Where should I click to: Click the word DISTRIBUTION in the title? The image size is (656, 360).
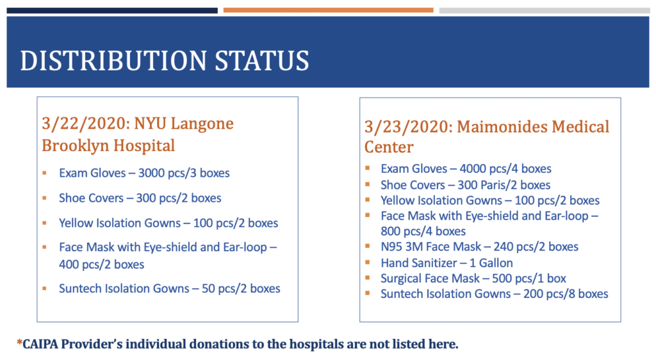[113, 61]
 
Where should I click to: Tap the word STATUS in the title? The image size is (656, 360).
[262, 61]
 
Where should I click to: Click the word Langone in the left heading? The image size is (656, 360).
[202, 124]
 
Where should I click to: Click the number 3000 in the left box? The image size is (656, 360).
[151, 173]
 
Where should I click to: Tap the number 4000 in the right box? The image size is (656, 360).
[473, 168]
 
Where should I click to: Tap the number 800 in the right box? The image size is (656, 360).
[390, 231]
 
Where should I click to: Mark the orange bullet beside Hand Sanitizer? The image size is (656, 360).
[367, 262]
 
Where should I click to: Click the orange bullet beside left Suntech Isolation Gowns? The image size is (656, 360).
[44, 288]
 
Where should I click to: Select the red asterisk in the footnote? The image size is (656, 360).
[19, 343]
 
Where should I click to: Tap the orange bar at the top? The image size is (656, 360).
[329, 10]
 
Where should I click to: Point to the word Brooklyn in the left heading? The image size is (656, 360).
[76, 146]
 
